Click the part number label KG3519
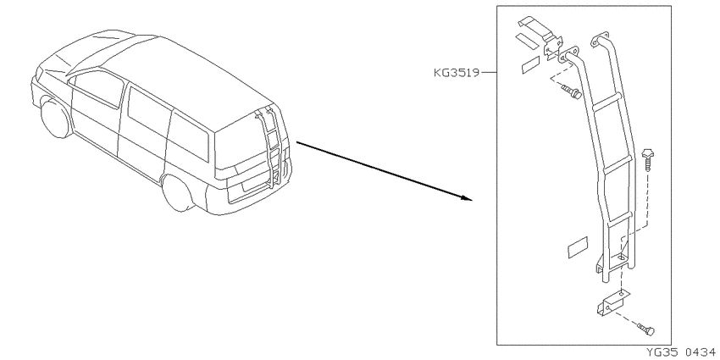click(x=456, y=73)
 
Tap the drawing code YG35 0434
click(x=681, y=352)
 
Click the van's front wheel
click(x=56, y=118)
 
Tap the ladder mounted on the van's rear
click(x=272, y=147)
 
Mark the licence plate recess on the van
click(x=254, y=183)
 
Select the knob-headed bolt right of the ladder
click(x=648, y=158)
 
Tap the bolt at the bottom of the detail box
click(x=646, y=329)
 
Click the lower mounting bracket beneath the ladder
click(x=612, y=302)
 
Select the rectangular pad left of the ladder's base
click(x=578, y=247)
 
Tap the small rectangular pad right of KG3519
click(x=531, y=65)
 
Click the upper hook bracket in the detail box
click(x=540, y=35)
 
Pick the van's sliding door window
click(x=146, y=116)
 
